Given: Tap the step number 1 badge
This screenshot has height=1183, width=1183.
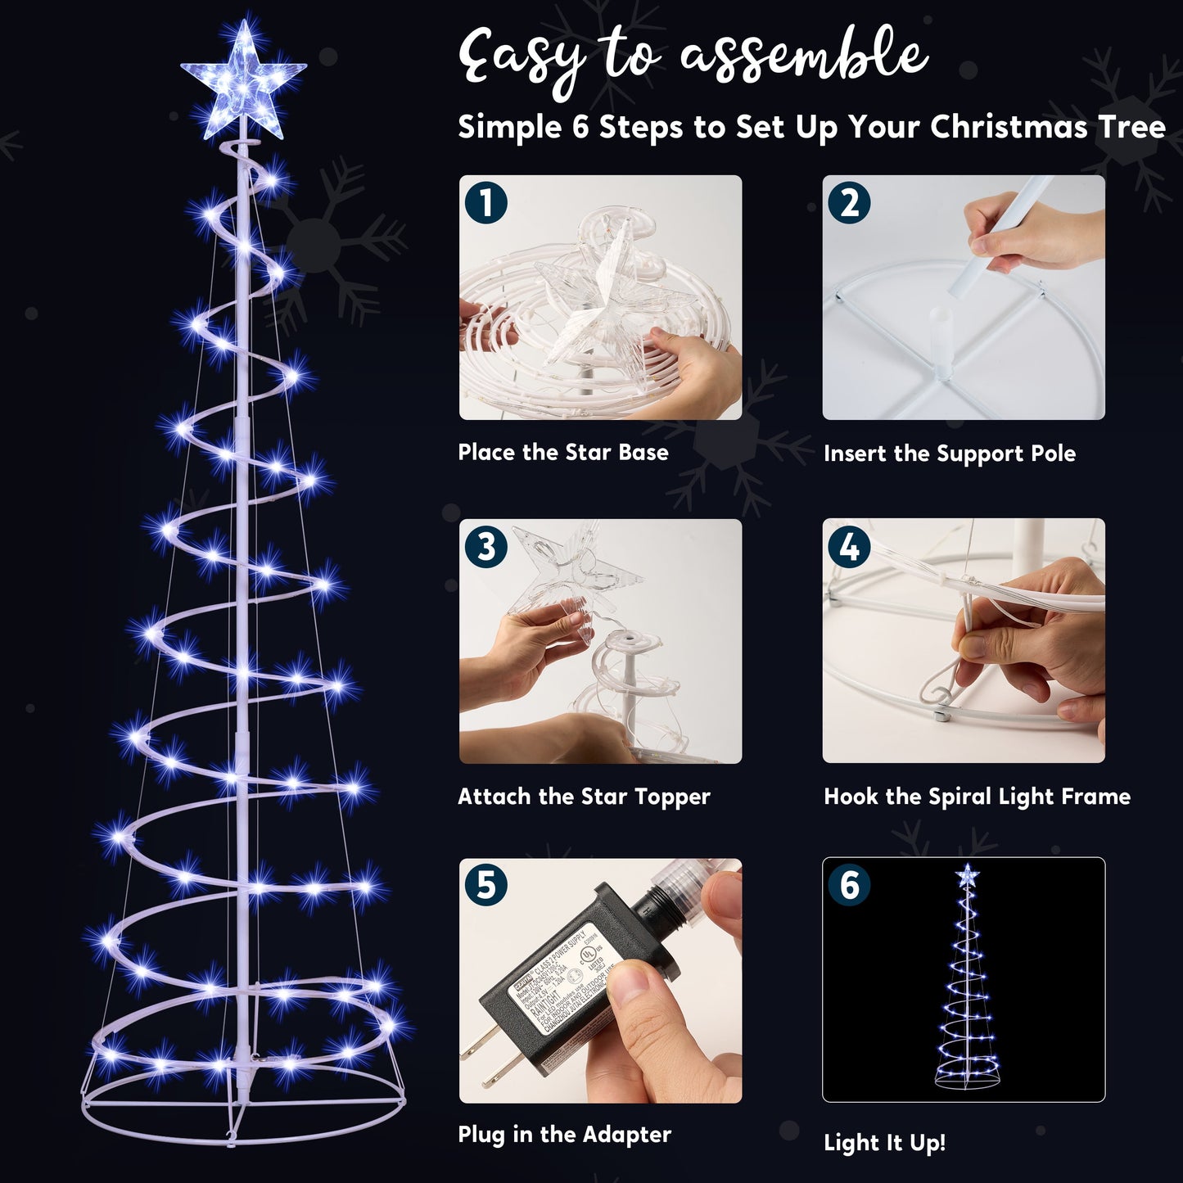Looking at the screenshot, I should tap(486, 203).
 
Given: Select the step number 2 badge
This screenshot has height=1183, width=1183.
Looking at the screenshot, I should tap(850, 203).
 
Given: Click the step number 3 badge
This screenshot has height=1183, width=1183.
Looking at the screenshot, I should tap(486, 546).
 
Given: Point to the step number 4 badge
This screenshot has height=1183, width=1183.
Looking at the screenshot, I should tap(850, 546).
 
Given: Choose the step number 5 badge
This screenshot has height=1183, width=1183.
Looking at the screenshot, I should tap(486, 886).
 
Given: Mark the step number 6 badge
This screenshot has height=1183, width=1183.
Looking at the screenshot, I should tap(850, 886).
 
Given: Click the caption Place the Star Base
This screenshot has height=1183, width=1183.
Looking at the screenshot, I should tap(562, 453).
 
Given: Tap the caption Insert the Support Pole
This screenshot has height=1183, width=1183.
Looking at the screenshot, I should tap(949, 454).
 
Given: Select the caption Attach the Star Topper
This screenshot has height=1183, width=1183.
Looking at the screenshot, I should tap(584, 797).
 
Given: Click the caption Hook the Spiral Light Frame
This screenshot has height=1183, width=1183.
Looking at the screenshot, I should tap(977, 797).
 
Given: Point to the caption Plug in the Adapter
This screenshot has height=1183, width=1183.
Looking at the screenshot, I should tap(564, 1135).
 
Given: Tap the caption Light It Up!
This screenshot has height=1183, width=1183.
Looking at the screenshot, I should tap(884, 1143).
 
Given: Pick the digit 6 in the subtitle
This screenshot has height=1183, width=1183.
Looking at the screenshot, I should tap(580, 128).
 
